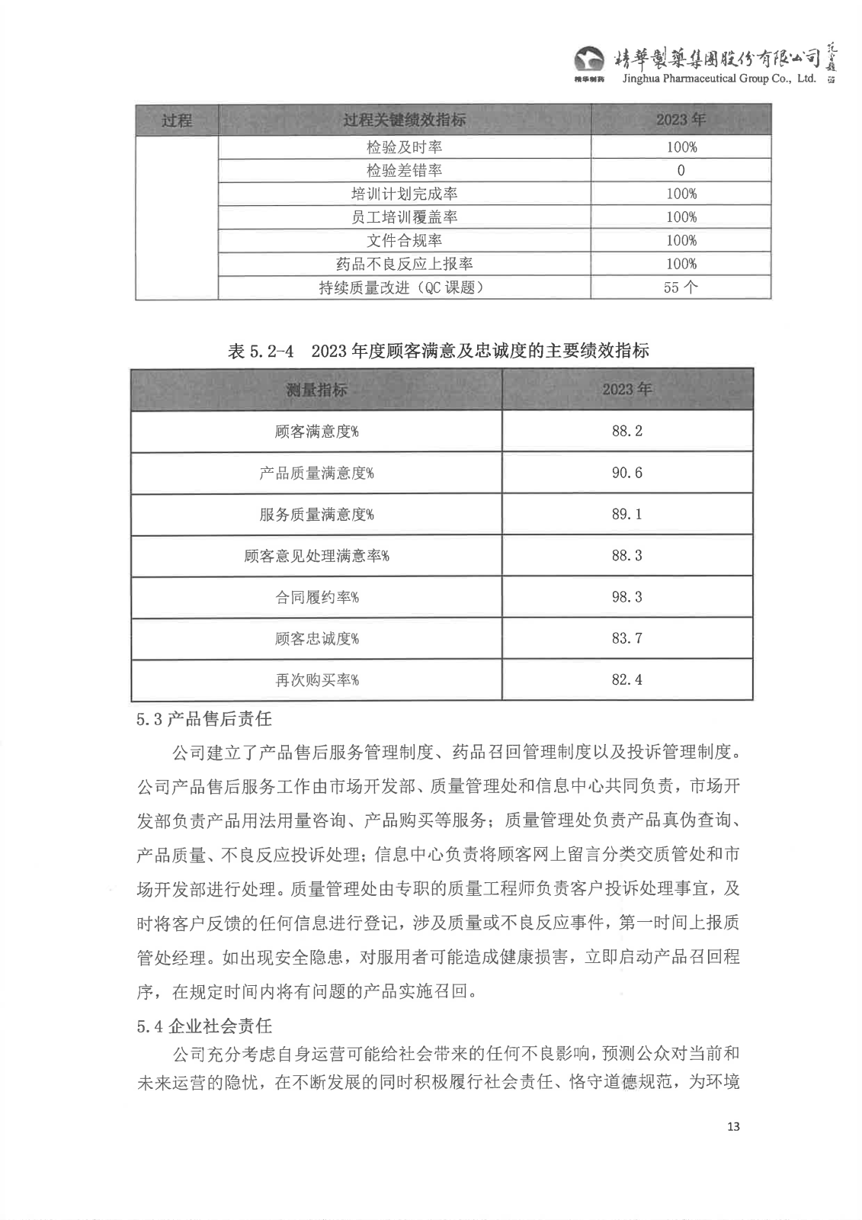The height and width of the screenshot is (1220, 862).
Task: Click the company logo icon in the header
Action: (x=588, y=59)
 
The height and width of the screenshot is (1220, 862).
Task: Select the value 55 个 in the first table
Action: (x=681, y=287)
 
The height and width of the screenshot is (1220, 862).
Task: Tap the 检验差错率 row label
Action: (x=404, y=171)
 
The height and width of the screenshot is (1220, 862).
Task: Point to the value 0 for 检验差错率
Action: (x=681, y=171)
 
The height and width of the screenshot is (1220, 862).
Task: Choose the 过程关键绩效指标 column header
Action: (x=404, y=120)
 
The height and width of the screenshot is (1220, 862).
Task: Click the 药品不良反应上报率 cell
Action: (x=404, y=264)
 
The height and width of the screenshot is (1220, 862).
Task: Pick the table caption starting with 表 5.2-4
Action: (x=438, y=351)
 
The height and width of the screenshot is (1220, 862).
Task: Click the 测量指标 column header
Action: (x=316, y=390)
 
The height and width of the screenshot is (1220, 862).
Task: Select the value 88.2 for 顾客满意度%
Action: (x=626, y=432)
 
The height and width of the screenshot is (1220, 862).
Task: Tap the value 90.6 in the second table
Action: (x=626, y=473)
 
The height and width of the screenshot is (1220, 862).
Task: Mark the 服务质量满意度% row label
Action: (x=316, y=515)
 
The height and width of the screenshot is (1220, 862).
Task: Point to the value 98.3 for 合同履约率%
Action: (x=626, y=597)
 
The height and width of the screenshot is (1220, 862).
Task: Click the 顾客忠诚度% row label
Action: (x=316, y=638)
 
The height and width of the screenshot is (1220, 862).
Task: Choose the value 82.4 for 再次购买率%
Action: (x=626, y=679)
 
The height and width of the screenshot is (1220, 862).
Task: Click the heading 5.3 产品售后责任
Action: (x=204, y=718)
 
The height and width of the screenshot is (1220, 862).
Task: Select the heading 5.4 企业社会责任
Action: (x=204, y=1026)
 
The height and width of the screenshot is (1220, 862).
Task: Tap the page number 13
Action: (x=733, y=1127)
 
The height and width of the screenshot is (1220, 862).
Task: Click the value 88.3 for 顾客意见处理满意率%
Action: (x=626, y=556)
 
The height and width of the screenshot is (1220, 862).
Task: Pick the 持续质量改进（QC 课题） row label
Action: (x=404, y=287)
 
